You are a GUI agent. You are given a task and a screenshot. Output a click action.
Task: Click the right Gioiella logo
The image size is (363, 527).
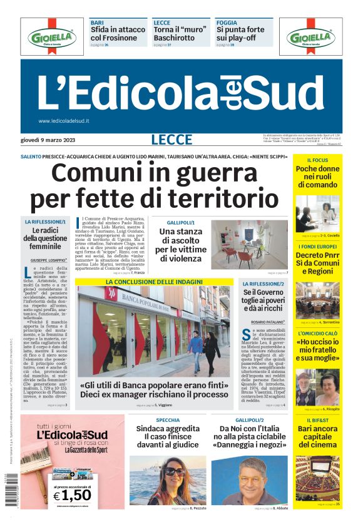[311, 37]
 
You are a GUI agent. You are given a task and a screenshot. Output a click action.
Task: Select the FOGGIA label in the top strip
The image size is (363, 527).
[227, 22]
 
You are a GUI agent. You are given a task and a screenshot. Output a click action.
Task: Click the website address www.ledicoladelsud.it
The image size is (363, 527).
[64, 121]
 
